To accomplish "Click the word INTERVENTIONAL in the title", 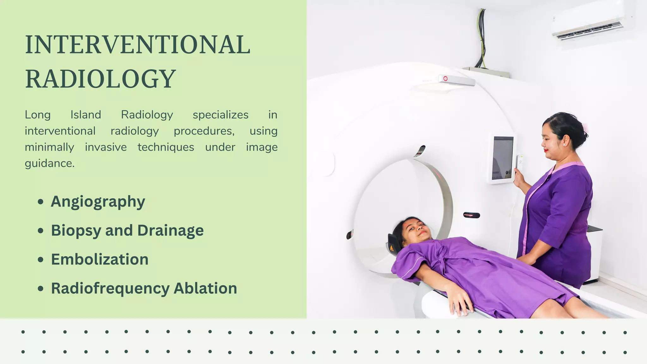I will coord(137,45).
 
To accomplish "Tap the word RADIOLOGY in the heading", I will coord(100,79).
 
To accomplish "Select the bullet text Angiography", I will coord(98,202).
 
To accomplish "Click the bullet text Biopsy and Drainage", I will coord(127,230).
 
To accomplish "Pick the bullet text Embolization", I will coord(100,259).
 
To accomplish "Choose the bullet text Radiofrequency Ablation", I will coord(144,288).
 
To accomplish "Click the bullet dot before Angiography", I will coord(40,202).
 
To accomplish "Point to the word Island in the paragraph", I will coord(86,115).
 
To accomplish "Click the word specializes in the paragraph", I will coord(221,115).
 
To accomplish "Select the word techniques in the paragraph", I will coord(166,147).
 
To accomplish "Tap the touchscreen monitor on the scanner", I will coord(503,158).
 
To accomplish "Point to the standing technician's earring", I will coord(564,145).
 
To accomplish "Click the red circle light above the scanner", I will coord(445,78).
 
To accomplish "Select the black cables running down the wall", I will coord(482,38).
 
